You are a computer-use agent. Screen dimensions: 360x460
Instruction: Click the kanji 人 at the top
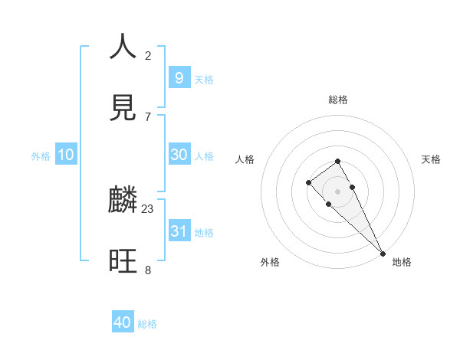coord(123,47)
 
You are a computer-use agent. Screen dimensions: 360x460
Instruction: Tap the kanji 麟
coord(123,200)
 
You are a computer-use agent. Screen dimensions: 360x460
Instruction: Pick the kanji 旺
coord(123,261)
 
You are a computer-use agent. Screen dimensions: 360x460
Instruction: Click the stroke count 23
coord(148,208)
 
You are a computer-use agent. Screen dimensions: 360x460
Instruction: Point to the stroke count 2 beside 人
coord(148,55)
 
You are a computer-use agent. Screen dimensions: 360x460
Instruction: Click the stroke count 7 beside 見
coord(148,116)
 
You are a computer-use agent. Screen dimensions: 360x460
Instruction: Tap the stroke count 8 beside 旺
coord(148,270)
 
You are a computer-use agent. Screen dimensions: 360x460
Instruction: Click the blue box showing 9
coord(179,77)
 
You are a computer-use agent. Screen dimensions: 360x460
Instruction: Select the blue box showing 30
coord(179,155)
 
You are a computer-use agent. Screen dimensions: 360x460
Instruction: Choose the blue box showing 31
coord(179,231)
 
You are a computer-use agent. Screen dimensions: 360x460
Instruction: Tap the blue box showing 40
coord(123,322)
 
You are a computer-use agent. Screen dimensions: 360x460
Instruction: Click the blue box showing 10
coord(66,155)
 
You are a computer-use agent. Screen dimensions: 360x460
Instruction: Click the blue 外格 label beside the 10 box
coord(41,156)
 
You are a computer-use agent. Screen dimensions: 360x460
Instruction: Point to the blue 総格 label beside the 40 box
coord(147,324)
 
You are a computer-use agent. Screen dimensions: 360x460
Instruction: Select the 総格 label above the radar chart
coord(337,100)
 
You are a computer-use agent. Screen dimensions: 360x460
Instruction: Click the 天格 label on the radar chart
coord(431,159)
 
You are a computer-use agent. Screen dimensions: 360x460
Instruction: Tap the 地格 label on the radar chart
coord(402,262)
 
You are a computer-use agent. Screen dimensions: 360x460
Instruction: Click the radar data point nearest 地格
coord(383,253)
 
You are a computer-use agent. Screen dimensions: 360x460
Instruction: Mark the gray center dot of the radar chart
coord(337,191)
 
